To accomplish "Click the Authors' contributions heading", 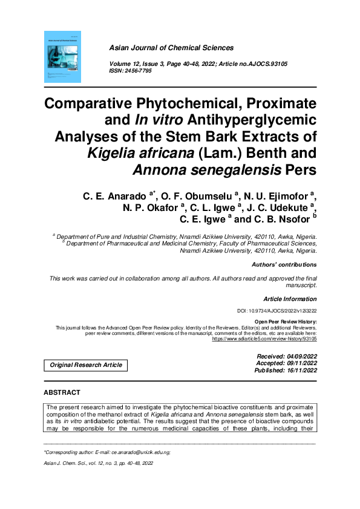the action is [283, 265].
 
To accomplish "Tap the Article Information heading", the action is [290, 299].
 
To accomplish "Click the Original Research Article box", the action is [85, 365].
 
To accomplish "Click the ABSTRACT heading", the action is [62, 392].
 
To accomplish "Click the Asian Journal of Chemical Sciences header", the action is [171, 48].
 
